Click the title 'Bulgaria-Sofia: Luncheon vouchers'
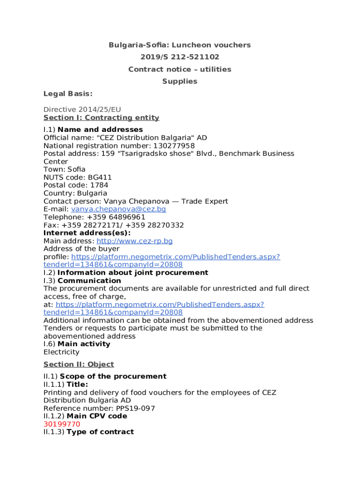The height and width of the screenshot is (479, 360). click(180, 45)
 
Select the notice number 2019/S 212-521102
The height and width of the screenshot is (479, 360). click(180, 58)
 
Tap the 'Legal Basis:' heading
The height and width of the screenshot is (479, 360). click(68, 94)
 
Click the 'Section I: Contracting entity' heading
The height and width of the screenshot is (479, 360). click(101, 118)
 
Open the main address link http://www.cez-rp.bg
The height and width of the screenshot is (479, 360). click(135, 241)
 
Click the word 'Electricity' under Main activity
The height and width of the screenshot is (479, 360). click(61, 352)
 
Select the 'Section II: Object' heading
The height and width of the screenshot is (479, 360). click(79, 364)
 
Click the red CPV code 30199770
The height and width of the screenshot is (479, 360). click(62, 424)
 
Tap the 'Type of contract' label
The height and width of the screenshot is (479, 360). click(100, 432)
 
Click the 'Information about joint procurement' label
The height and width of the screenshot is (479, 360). click(133, 273)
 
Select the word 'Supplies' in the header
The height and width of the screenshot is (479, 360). click(180, 81)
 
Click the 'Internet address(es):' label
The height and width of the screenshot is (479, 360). click(87, 233)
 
